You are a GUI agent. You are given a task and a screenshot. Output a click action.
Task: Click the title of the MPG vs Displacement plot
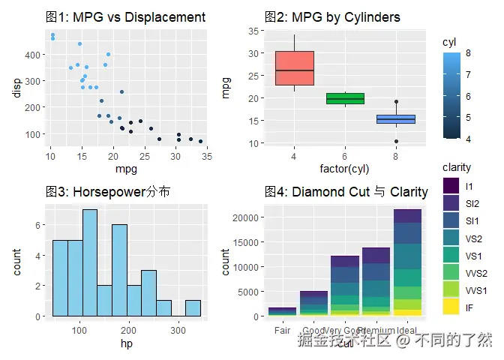click(124, 17)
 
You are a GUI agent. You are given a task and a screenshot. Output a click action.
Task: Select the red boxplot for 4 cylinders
click(294, 68)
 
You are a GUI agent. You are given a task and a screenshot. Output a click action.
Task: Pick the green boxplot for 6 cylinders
click(345, 98)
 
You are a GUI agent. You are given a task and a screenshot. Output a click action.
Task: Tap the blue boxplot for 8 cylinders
click(395, 119)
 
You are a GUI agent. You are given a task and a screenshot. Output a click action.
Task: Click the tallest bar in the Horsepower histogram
click(90, 262)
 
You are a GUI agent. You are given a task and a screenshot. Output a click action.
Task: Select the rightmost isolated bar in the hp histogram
click(193, 307)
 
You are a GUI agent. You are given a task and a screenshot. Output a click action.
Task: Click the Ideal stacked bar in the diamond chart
click(407, 262)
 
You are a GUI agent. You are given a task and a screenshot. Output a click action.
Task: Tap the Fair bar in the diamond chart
click(282, 311)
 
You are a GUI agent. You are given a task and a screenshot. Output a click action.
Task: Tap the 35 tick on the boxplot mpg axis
click(253, 31)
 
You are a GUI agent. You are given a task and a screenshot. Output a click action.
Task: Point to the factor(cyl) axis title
click(344, 168)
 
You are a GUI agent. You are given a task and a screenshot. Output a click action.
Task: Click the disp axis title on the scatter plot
click(16, 88)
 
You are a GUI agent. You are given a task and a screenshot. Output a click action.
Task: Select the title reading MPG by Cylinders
click(332, 17)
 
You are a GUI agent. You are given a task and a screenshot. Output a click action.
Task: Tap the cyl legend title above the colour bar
click(450, 42)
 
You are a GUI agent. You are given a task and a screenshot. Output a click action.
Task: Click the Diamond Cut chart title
click(346, 192)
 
